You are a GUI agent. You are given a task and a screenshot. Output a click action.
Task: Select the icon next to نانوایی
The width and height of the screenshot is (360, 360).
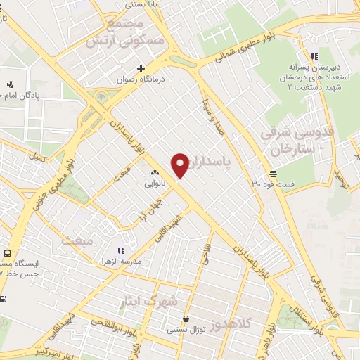tap(155, 172)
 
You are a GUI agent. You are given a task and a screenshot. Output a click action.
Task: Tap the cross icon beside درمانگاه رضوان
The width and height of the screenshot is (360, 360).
tap(141, 69)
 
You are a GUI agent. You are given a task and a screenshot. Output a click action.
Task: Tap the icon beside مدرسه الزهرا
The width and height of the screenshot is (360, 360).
tap(120, 250)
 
